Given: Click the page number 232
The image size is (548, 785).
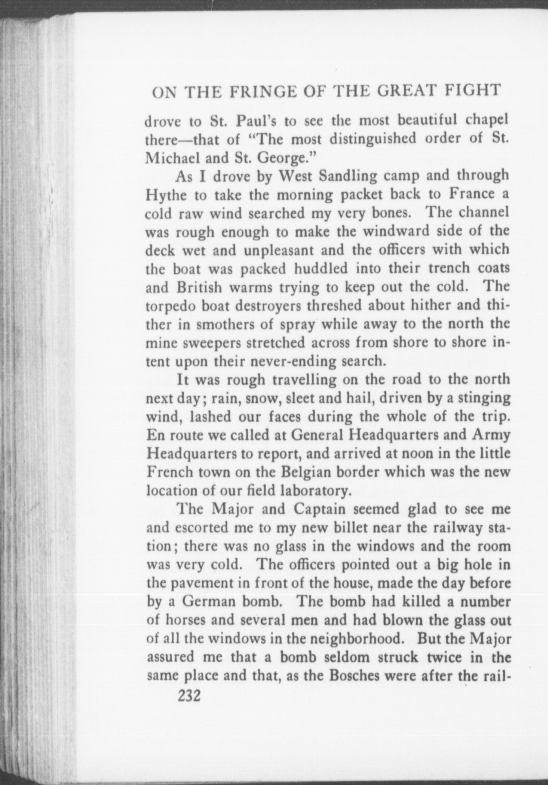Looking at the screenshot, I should point(190,695).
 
